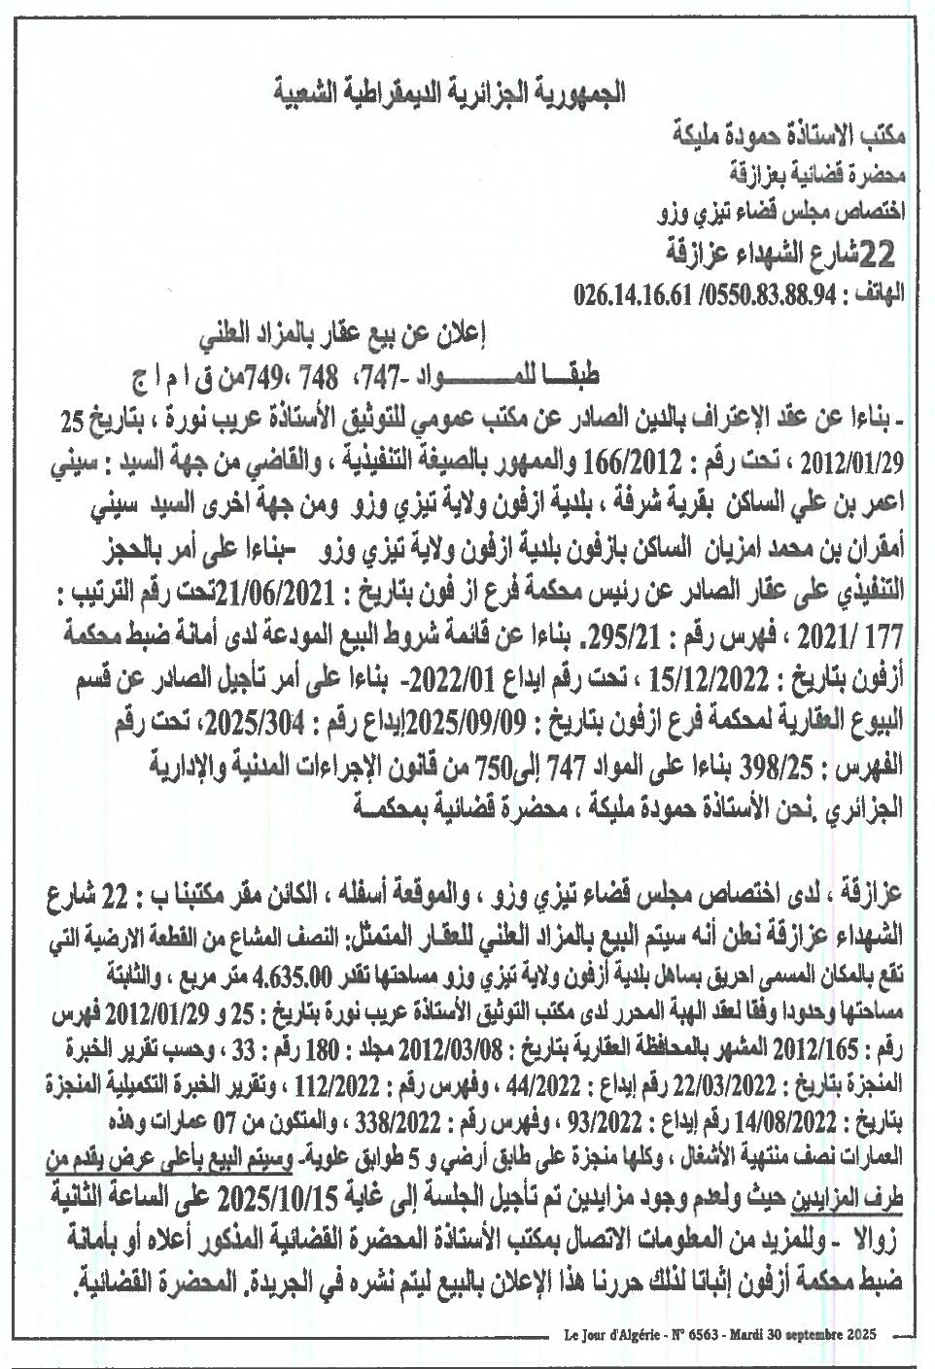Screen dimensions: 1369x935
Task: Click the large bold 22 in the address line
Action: (876, 255)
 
